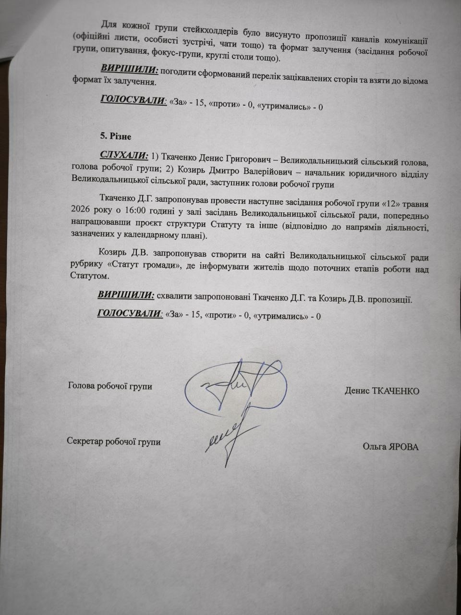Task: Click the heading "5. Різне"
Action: click(x=115, y=136)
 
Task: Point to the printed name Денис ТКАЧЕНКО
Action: click(x=382, y=391)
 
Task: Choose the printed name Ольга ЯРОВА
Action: click(x=390, y=447)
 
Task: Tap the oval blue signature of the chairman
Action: click(x=235, y=384)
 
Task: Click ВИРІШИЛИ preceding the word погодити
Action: click(x=129, y=70)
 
